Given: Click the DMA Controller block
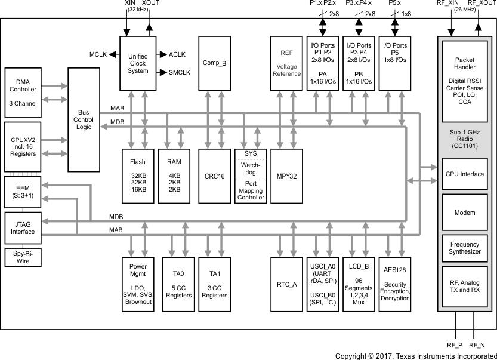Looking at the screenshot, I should point(23,93).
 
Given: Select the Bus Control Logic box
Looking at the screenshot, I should point(84,119).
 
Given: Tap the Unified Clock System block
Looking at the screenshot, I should point(138,63).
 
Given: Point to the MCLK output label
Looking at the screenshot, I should point(98,54).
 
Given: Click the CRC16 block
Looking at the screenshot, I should point(214,176).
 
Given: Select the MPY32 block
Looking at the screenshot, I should point(286,176).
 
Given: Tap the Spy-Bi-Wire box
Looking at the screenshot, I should point(23,257).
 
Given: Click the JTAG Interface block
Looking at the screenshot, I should point(23,227).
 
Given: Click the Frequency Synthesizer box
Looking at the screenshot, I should point(465,248).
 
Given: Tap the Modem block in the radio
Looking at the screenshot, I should point(465,213).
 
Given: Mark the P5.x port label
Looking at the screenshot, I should point(394,4).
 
